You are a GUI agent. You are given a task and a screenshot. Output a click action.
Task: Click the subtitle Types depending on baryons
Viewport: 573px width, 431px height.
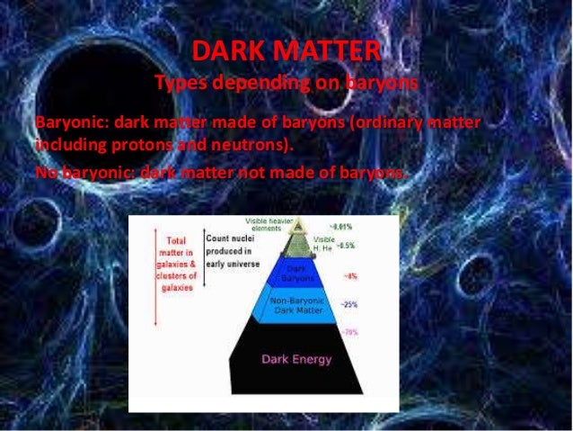[287, 84]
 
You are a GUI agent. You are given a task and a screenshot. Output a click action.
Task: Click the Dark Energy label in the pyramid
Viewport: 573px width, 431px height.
[295, 360]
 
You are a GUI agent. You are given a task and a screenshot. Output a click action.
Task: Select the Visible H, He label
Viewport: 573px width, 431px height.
[321, 243]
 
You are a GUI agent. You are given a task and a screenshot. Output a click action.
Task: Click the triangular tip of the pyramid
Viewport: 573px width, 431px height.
[295, 230]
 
